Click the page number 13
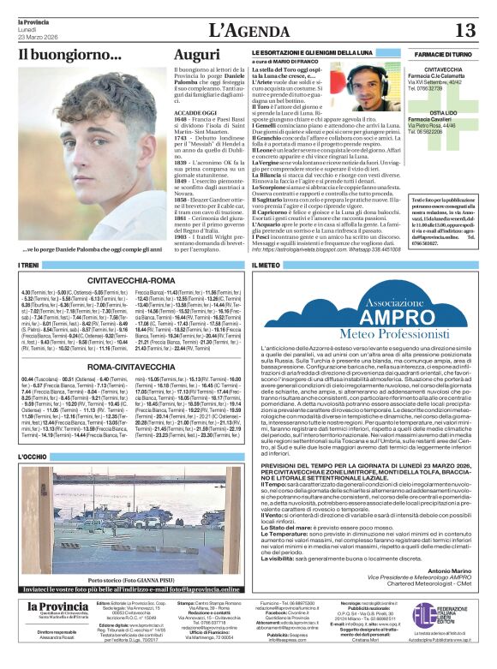464,30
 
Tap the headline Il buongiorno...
70,57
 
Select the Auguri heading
197,57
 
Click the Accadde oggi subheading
194,111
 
